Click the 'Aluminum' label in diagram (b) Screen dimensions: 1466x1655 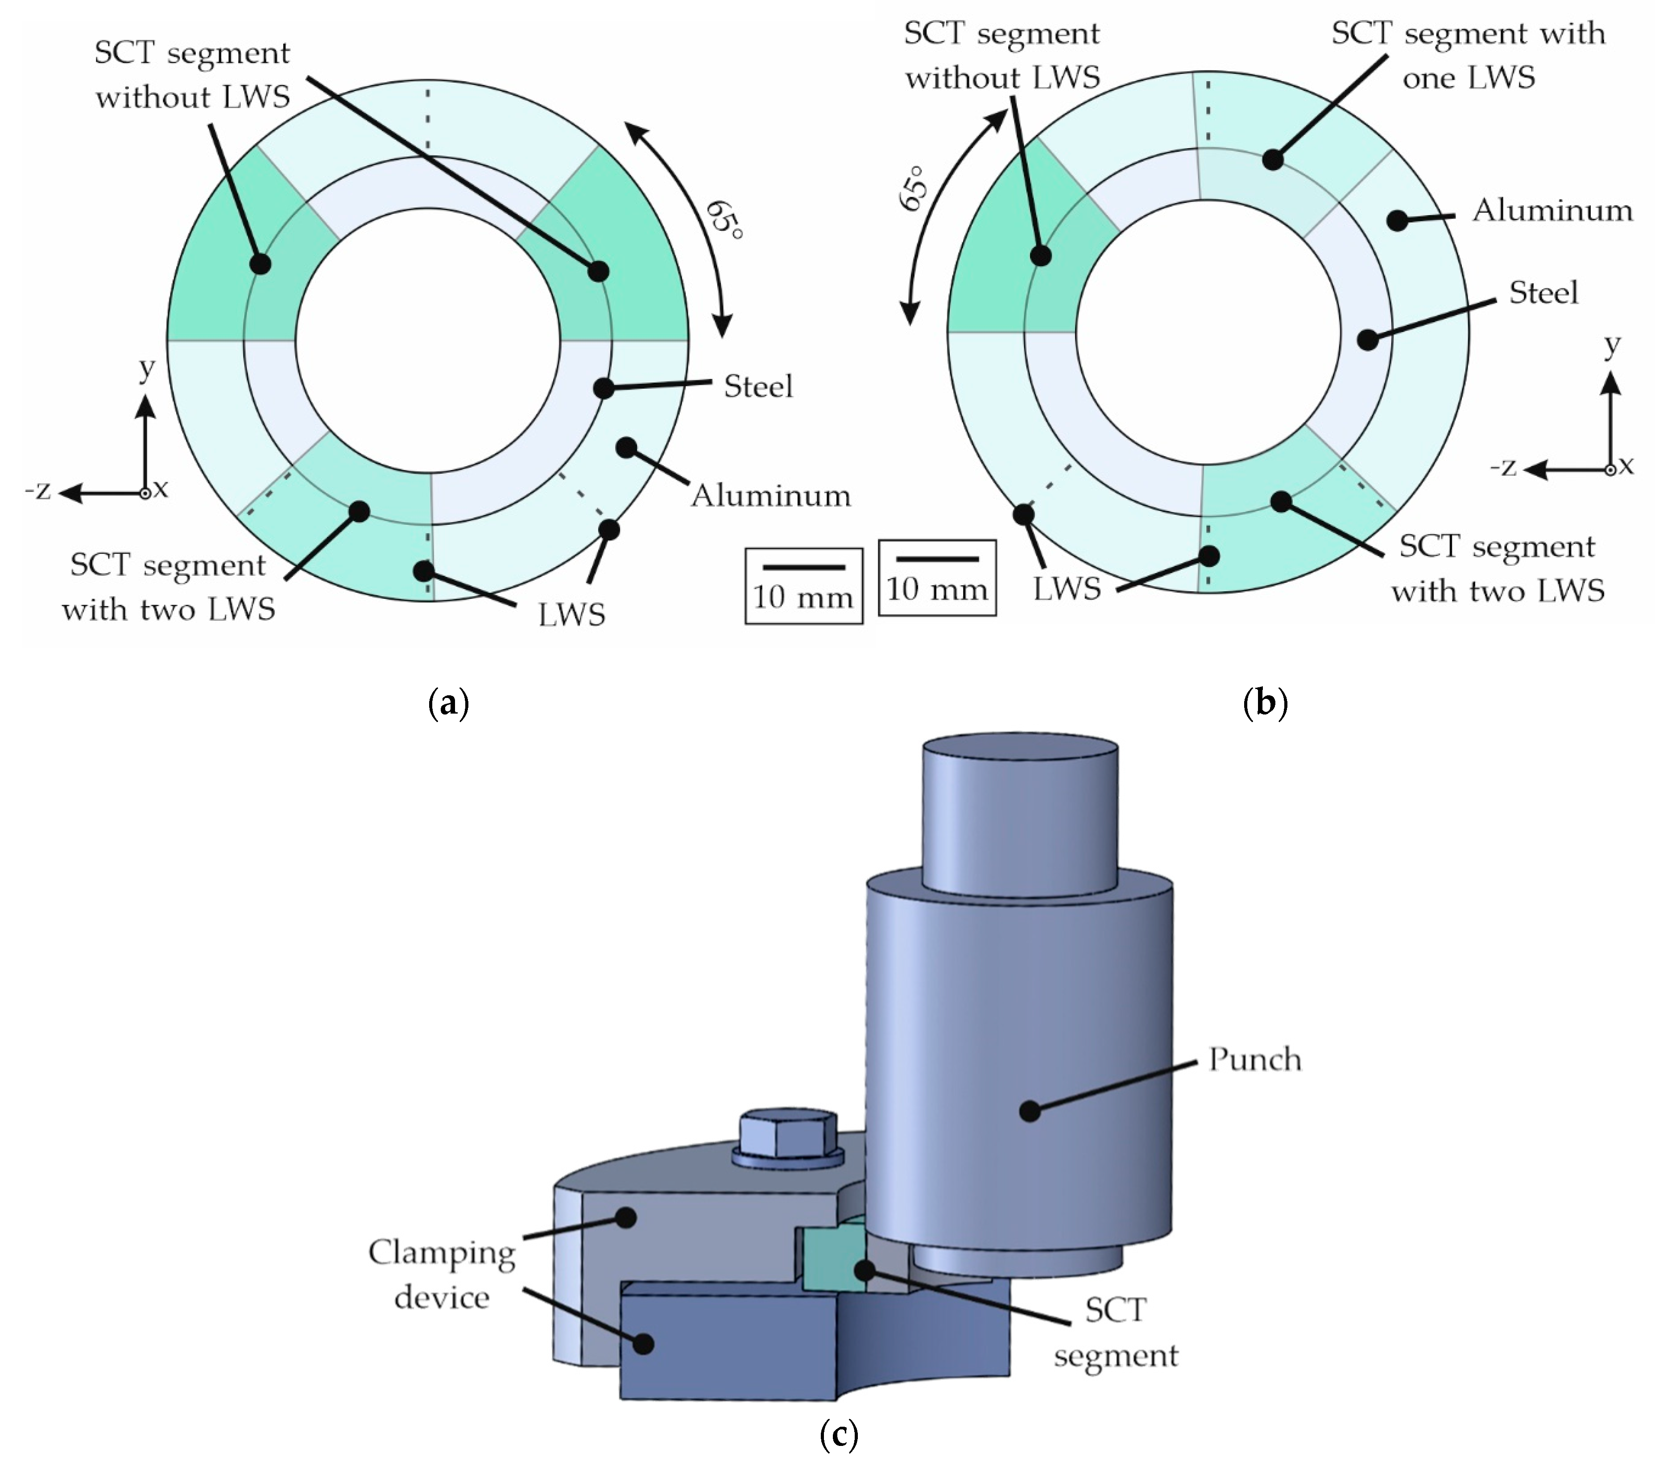(1552, 211)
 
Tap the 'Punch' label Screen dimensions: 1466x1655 (1254, 1059)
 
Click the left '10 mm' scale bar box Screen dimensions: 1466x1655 (803, 586)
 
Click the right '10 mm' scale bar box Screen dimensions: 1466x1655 (937, 577)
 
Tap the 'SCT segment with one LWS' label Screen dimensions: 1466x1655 (1468, 55)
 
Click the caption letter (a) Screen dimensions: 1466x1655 (448, 703)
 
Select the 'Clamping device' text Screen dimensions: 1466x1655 (442, 1275)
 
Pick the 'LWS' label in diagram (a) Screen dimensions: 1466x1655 (571, 615)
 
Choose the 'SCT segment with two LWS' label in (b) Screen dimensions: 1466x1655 (1497, 569)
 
